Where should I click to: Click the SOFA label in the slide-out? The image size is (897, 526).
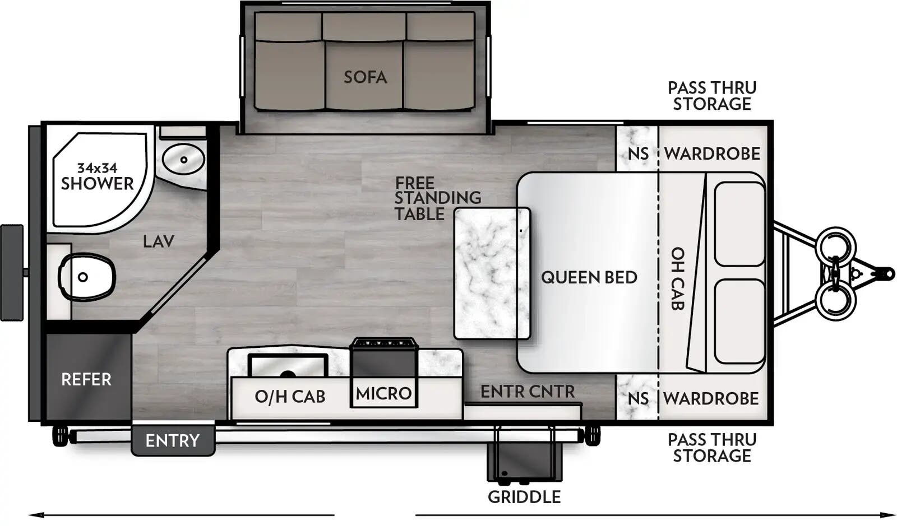(365, 77)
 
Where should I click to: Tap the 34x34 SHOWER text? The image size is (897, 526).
(97, 176)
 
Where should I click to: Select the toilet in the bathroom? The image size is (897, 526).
(87, 277)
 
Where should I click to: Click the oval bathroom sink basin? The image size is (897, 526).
(183, 159)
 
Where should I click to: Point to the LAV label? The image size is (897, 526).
(158, 241)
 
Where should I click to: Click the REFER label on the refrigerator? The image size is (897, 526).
(86, 379)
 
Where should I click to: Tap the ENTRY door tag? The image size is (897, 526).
(172, 441)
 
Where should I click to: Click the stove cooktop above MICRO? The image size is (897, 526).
(383, 342)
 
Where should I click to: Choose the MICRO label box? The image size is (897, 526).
(383, 393)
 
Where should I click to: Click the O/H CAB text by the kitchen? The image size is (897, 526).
(289, 397)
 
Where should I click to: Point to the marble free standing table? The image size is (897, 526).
(492, 273)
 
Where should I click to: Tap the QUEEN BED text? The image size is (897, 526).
(589, 277)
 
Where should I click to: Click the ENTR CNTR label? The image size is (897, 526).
(527, 392)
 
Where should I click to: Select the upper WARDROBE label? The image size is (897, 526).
(712, 153)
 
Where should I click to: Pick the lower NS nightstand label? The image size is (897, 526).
(637, 399)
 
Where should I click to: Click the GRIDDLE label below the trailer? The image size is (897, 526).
(524, 497)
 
